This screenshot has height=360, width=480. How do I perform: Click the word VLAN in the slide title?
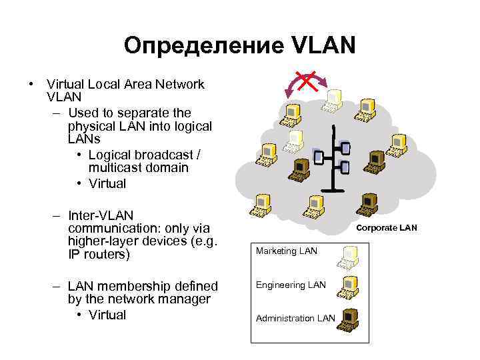[x=324, y=46]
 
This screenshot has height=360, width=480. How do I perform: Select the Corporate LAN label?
[x=387, y=228]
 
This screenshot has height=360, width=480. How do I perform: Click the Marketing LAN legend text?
[x=287, y=251]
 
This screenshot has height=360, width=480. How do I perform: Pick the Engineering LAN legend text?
[x=291, y=285]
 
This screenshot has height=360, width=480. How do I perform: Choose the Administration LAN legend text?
[x=295, y=318]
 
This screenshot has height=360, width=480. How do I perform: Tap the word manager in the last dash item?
[x=187, y=299]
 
